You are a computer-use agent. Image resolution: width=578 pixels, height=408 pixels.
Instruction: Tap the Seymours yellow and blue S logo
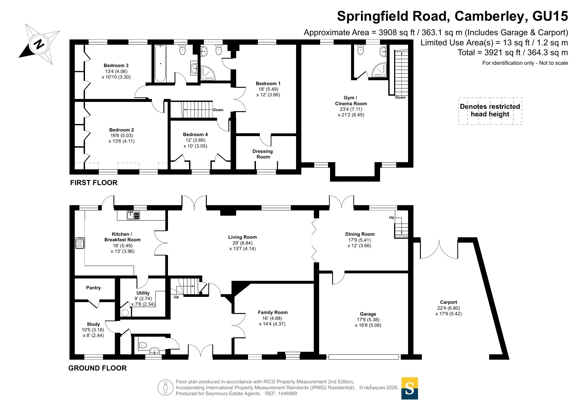click(409, 388)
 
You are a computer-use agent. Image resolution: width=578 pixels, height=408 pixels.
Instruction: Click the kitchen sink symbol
click(133, 215)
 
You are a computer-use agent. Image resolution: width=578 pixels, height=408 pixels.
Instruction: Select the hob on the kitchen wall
click(80, 243)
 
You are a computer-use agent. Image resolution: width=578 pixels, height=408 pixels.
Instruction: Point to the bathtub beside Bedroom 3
click(160, 63)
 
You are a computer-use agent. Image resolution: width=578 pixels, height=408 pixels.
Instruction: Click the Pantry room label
click(94, 288)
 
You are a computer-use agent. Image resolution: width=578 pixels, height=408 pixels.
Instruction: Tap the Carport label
click(449, 302)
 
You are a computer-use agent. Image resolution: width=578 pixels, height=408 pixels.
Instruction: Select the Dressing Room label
click(263, 154)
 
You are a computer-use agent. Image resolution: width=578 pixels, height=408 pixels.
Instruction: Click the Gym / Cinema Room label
click(351, 101)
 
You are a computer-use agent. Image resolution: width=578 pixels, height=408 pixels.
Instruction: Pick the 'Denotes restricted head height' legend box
click(490, 111)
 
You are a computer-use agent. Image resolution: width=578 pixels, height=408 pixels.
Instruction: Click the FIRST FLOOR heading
click(94, 183)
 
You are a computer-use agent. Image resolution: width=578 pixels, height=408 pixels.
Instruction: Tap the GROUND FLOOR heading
click(97, 368)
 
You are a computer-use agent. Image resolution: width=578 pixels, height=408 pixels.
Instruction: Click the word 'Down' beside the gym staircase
click(400, 97)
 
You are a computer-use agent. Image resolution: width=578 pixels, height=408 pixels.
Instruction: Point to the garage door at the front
click(364, 357)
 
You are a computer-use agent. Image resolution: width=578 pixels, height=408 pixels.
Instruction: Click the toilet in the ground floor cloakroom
click(142, 345)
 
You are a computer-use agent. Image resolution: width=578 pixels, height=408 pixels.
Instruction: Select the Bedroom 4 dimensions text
click(195, 143)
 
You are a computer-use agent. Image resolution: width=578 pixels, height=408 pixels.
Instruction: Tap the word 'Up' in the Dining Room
click(392, 217)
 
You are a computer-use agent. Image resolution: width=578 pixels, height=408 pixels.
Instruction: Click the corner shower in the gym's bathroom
click(380, 70)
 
